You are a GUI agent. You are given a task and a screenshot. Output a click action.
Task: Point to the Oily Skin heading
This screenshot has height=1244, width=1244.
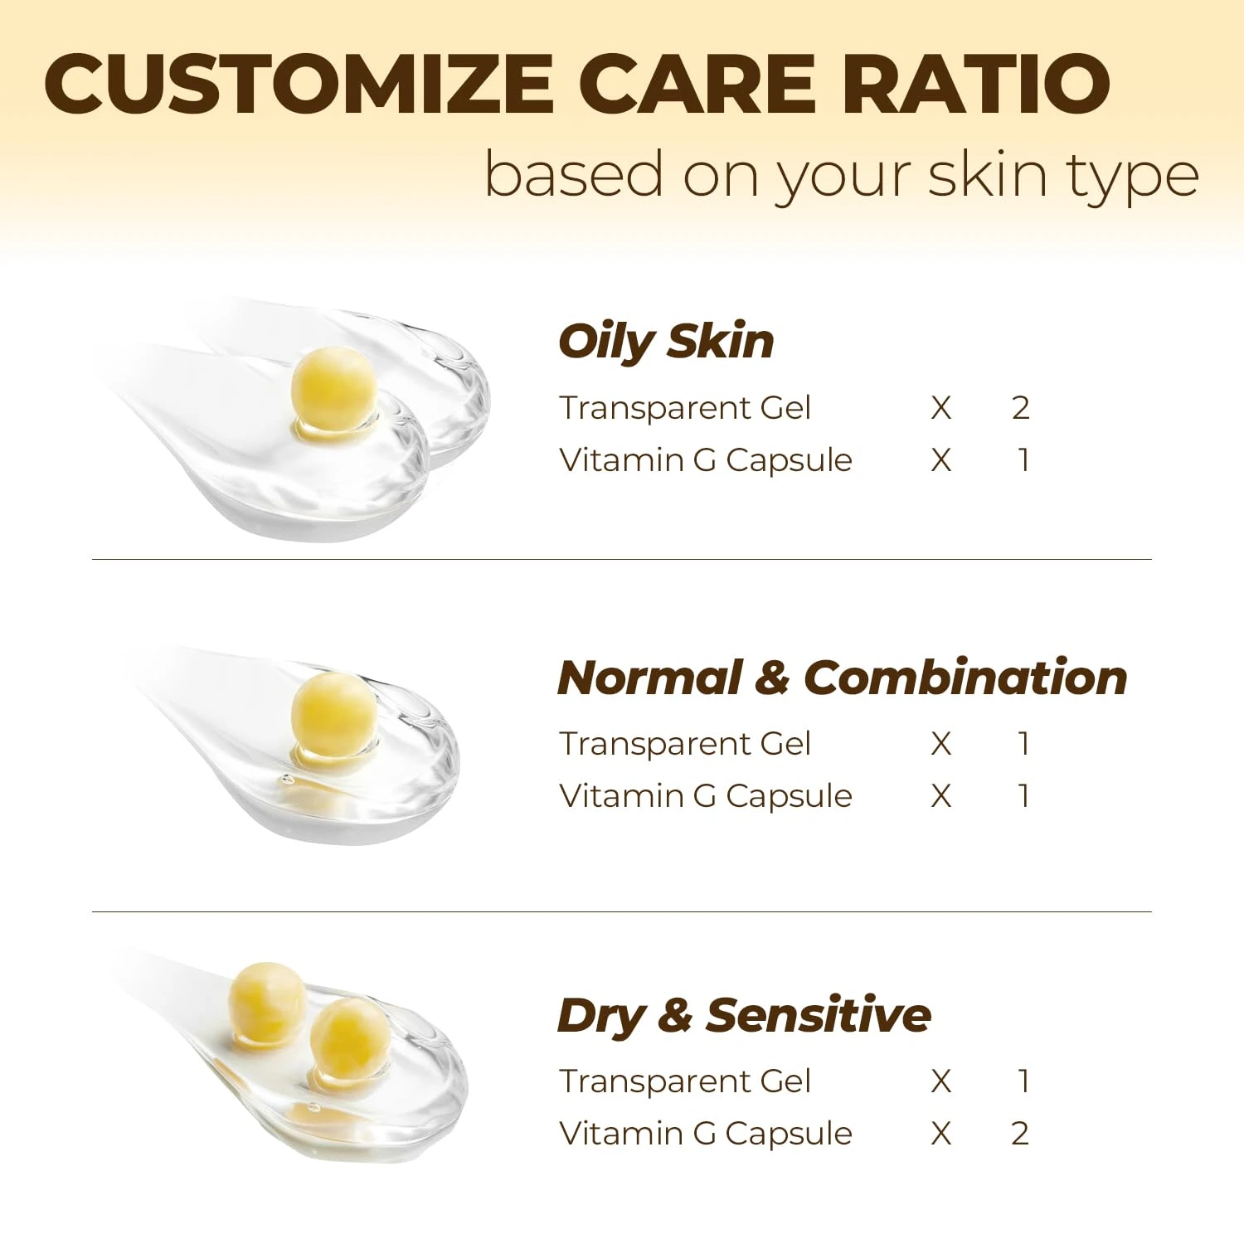coord(666,342)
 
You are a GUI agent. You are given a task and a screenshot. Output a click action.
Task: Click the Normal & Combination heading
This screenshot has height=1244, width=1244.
coord(843,678)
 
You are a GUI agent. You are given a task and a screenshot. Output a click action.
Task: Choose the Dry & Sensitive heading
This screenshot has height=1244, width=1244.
coord(744,1016)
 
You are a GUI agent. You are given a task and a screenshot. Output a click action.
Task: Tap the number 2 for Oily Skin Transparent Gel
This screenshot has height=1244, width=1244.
coord(1021,408)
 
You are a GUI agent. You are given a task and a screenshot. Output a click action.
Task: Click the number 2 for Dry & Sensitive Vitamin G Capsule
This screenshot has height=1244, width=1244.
coord(1021,1134)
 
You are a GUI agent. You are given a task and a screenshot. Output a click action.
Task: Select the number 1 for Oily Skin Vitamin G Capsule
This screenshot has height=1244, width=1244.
coord(1024,460)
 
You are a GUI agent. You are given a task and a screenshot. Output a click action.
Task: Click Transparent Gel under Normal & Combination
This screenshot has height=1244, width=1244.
coord(685,744)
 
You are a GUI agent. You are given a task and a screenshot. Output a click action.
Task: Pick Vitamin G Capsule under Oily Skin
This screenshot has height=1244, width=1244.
coord(706,461)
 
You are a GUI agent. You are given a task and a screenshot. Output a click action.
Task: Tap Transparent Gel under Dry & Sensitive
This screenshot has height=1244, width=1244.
coord(685,1081)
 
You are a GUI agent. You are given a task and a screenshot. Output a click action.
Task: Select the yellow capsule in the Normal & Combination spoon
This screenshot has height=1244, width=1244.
coord(333,713)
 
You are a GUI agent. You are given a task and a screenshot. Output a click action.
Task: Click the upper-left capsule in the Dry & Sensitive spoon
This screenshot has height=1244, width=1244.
coord(267,1002)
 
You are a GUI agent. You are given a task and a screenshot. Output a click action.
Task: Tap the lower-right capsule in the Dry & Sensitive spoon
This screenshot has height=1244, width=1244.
coord(349,1037)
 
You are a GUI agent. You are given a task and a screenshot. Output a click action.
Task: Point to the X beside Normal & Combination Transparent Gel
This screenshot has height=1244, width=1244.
coord(941,745)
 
